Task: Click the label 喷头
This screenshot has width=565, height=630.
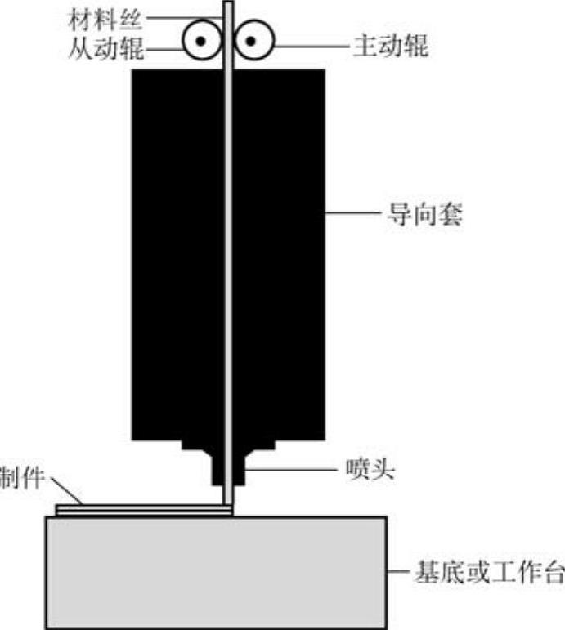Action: tap(367, 471)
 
